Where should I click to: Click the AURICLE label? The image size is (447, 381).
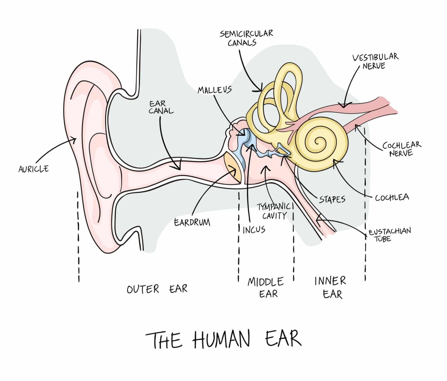pyautogui.click(x=33, y=169)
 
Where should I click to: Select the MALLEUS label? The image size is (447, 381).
pyautogui.click(x=214, y=90)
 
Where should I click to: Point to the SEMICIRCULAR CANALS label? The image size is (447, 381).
pyautogui.click(x=246, y=38)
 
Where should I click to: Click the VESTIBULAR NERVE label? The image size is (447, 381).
pyautogui.click(x=375, y=61)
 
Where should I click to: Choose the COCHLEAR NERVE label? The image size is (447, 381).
pyautogui.click(x=402, y=149)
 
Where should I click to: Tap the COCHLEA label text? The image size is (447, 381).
pyautogui.click(x=392, y=198)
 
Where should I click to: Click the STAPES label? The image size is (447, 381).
pyautogui.click(x=332, y=199)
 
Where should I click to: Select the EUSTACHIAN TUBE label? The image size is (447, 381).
pyautogui.click(x=389, y=235)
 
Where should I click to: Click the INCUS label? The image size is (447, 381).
pyautogui.click(x=254, y=230)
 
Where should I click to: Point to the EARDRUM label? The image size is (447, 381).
pyautogui.click(x=192, y=223)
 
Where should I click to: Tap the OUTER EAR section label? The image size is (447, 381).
pyautogui.click(x=157, y=289)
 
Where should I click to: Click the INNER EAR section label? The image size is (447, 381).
pyautogui.click(x=331, y=287)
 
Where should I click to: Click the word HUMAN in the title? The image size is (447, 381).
pyautogui.click(x=221, y=339)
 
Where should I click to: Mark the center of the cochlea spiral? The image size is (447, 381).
pyautogui.click(x=320, y=143)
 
